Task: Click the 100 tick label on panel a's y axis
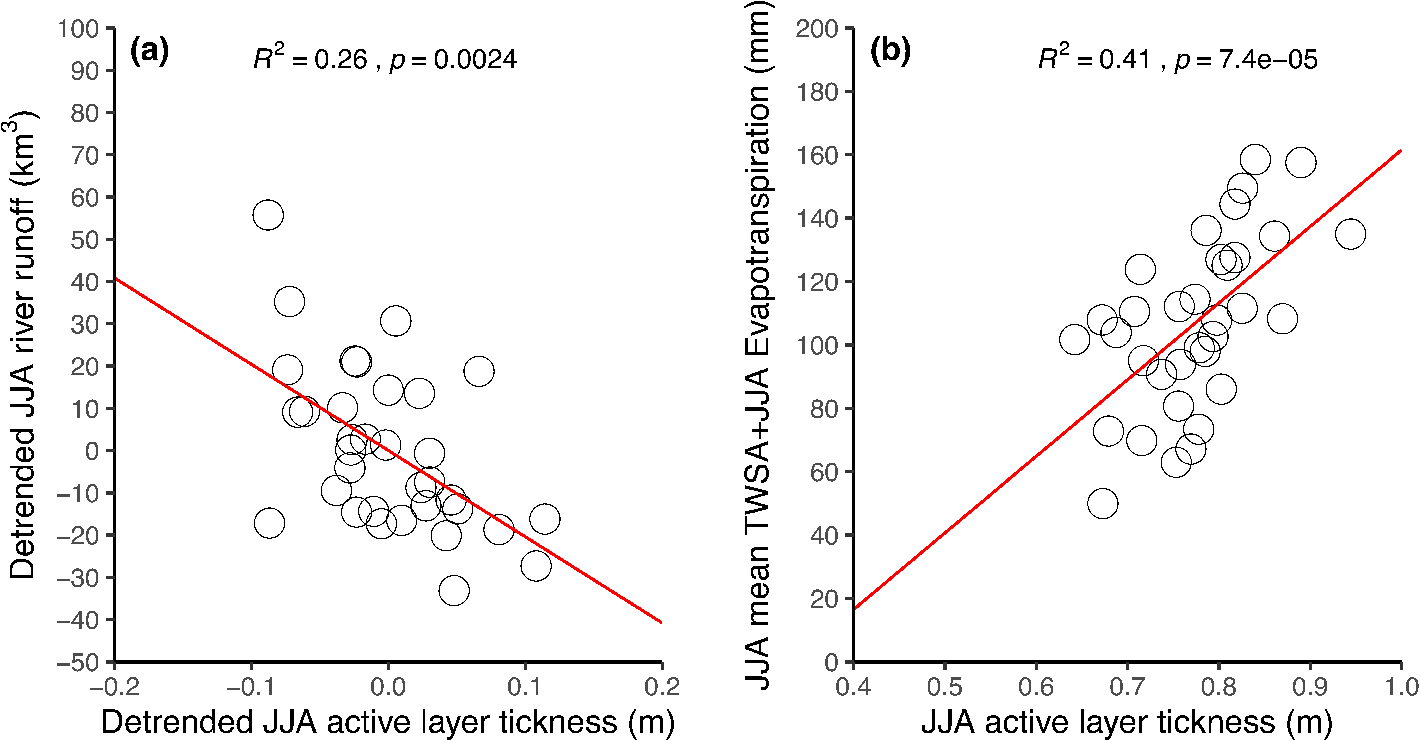tap(78, 29)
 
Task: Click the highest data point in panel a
tap(268, 215)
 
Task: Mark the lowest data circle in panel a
tap(454, 591)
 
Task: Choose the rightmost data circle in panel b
tap(1350, 234)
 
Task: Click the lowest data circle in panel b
tap(1102, 503)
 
